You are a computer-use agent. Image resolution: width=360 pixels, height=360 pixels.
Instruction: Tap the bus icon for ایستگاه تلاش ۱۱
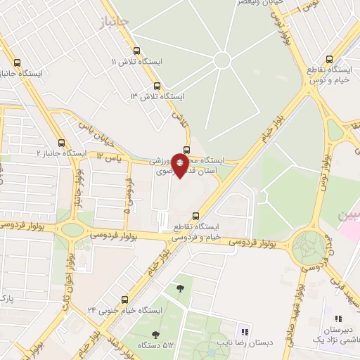tap(136, 51)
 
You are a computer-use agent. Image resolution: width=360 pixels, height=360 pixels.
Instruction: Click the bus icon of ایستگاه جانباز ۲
tap(63, 142)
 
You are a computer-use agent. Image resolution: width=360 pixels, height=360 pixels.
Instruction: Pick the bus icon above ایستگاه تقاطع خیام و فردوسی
tap(195, 216)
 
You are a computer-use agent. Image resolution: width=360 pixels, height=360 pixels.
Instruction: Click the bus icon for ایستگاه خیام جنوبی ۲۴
tap(124, 299)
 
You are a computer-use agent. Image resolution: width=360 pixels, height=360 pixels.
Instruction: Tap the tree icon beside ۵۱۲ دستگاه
tap(155, 335)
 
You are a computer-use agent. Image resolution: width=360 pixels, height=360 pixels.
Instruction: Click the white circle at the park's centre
tap(222, 60)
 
